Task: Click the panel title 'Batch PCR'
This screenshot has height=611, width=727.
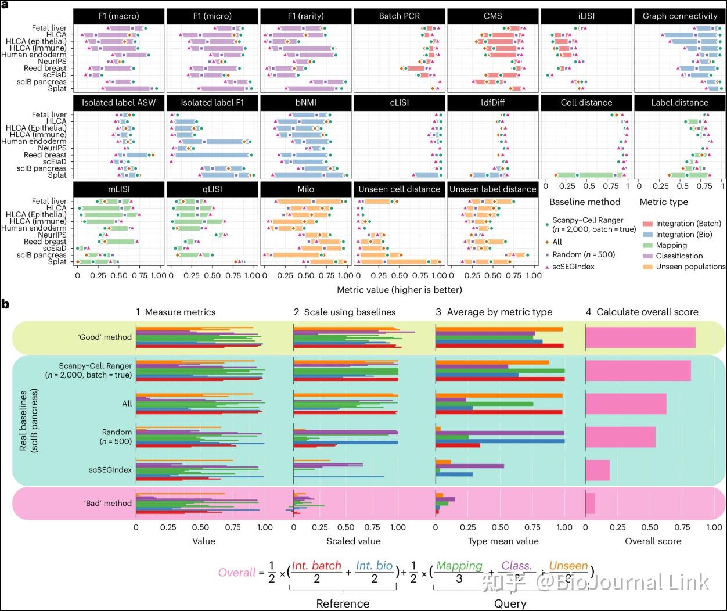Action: coord(400,16)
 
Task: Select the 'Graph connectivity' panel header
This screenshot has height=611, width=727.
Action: coord(680,16)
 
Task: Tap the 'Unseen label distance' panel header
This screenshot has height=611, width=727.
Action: coord(492,189)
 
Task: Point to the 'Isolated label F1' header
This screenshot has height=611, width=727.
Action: coord(212,103)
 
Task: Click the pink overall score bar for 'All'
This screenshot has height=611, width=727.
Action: coord(625,404)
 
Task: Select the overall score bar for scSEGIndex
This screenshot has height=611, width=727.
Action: coord(597,470)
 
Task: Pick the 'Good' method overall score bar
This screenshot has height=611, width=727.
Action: coord(640,337)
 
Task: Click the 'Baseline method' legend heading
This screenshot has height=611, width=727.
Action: coord(585,202)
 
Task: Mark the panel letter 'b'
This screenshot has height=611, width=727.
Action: coord(5,303)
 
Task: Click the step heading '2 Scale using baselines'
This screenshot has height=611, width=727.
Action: coord(344,312)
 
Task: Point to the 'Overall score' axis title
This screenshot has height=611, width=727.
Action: coord(653,541)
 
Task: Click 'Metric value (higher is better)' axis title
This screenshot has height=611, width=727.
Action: coord(400,289)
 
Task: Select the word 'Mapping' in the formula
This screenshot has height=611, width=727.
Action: coord(459,565)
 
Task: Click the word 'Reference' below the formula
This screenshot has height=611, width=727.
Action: coord(343,603)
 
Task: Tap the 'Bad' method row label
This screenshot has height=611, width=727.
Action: coord(108,503)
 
